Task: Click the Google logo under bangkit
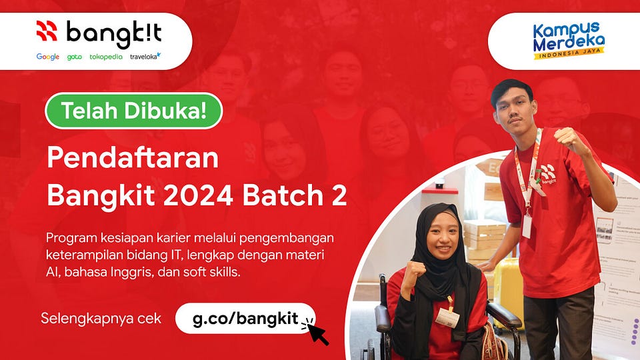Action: [x=47, y=57]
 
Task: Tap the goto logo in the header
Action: [x=74, y=57]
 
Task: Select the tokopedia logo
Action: [x=106, y=57]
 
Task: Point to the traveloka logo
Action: [x=145, y=57]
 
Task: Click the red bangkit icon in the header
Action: [x=47, y=31]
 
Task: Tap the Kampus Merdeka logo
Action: [x=568, y=40]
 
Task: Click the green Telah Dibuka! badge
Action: [x=133, y=111]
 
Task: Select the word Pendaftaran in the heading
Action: [x=132, y=159]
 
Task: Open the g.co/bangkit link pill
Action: [x=245, y=318]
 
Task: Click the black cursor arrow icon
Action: [x=316, y=331]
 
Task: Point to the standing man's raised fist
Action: [x=568, y=139]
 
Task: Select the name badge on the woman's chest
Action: [x=447, y=317]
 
